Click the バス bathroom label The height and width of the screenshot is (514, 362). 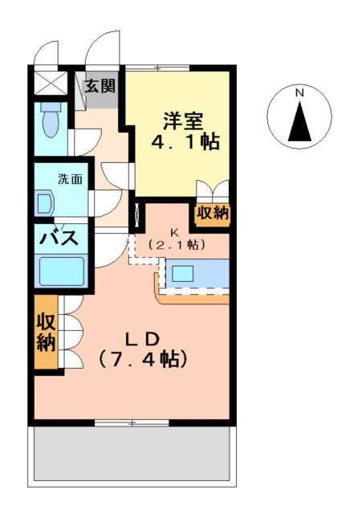tap(59, 239)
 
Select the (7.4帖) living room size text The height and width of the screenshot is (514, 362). tap(144, 357)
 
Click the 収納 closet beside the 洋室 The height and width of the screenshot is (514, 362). tap(212, 214)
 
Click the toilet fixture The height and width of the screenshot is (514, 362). tap(51, 123)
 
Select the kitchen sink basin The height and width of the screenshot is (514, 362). tap(183, 273)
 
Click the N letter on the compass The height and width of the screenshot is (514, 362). tap(299, 93)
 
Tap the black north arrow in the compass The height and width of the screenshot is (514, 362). tap(299, 122)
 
